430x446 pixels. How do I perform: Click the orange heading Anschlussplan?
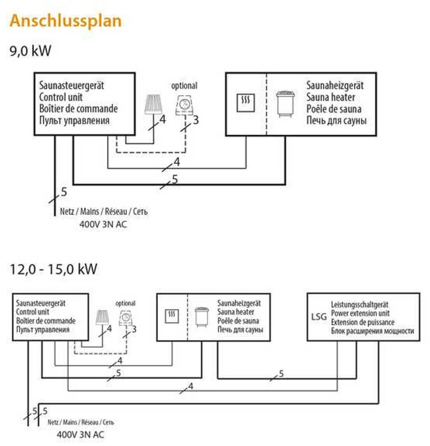(65, 21)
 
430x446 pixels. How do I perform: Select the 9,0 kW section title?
(30, 51)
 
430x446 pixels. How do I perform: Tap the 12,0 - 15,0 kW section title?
(53, 269)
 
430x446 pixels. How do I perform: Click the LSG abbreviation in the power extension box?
(319, 317)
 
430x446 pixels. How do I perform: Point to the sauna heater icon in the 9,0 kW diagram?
(285, 103)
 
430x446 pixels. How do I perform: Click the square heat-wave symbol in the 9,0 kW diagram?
(246, 103)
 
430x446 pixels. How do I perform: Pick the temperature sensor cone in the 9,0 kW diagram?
(153, 104)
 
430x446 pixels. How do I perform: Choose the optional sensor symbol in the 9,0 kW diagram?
(184, 105)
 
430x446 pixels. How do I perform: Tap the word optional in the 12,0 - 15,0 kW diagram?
(125, 303)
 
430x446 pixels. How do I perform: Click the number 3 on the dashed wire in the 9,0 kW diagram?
(196, 120)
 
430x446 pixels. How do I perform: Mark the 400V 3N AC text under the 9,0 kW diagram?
(103, 224)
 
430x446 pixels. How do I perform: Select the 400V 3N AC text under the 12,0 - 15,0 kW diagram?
(81, 434)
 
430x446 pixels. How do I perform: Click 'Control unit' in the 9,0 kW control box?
(61, 97)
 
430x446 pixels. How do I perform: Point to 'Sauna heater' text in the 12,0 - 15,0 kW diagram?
(235, 312)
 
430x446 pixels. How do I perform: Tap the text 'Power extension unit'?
(360, 313)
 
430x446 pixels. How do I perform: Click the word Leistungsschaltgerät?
(359, 304)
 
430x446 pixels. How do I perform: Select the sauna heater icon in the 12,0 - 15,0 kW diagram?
(202, 317)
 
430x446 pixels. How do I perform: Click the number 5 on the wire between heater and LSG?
(281, 374)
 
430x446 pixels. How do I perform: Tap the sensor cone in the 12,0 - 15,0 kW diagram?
(102, 317)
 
